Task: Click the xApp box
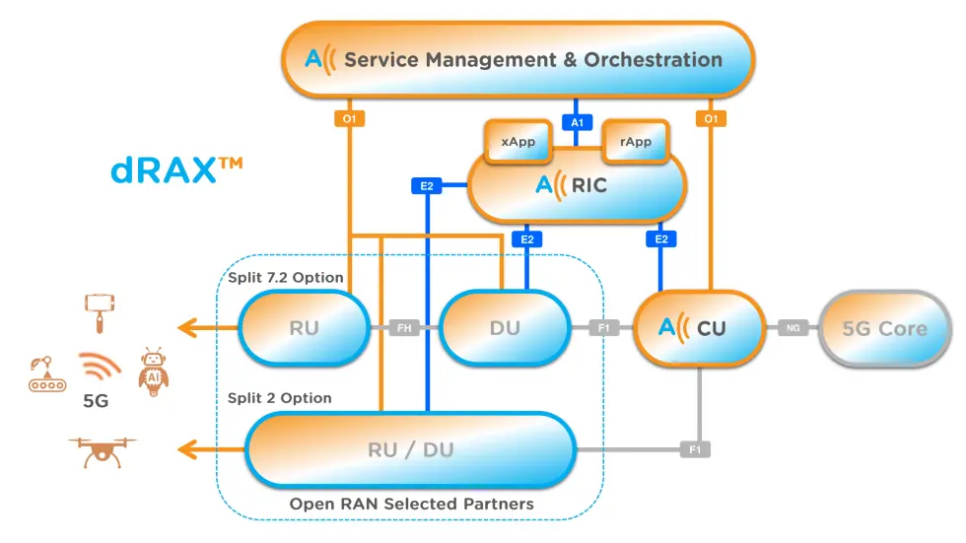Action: [x=518, y=142]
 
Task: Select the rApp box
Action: [x=636, y=142]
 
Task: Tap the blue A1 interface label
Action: [x=577, y=122]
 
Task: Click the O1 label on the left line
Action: [x=349, y=118]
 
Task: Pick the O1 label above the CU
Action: [x=711, y=118]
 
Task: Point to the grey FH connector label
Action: [x=404, y=328]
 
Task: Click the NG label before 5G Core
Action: [x=793, y=328]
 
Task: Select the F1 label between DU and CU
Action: [x=603, y=328]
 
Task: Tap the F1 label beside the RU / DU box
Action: [x=695, y=449]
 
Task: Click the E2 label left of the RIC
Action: [x=426, y=185]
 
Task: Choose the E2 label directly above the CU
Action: [x=661, y=238]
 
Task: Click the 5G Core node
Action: [x=885, y=329]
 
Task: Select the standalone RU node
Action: [x=305, y=328]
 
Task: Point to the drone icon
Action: [x=103, y=452]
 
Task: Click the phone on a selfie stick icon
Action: [x=100, y=313]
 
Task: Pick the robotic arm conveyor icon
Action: [x=47, y=373]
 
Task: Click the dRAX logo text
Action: [x=176, y=170]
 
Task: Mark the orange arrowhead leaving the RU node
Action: [x=188, y=327]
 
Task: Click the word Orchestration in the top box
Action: [x=653, y=60]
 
